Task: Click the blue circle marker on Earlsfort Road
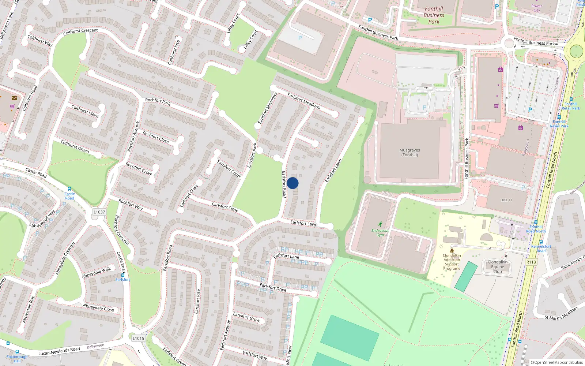(292, 183)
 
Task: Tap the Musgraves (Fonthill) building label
(409, 152)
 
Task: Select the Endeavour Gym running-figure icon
(380, 224)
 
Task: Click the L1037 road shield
(99, 212)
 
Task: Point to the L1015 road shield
(138, 338)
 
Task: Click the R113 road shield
(531, 262)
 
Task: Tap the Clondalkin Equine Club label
(497, 266)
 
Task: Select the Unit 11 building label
(506, 200)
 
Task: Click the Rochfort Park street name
(158, 101)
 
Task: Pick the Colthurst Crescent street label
(80, 32)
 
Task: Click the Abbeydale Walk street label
(96, 272)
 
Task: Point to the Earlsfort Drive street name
(273, 287)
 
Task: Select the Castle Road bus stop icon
(69, 189)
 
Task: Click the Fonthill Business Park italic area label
(434, 15)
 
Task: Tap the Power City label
(536, 8)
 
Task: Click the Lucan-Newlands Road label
(59, 351)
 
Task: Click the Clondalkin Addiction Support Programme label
(452, 262)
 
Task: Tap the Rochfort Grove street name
(139, 168)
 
